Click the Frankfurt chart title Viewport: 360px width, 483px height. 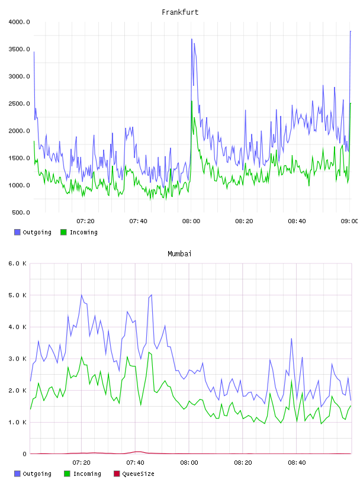coord(180,12)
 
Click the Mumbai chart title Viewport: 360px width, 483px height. coord(179,254)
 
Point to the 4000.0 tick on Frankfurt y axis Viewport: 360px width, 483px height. coord(20,22)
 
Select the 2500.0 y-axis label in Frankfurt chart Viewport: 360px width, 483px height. coord(20,104)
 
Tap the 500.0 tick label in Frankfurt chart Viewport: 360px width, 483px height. coord(21,212)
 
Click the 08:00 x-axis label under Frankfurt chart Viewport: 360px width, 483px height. coord(191,221)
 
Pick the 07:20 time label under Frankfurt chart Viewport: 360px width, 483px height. coord(85,221)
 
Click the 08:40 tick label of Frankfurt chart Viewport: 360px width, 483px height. coord(297,221)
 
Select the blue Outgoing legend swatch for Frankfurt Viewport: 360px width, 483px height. coord(17,232)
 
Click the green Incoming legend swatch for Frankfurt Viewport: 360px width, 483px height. coord(63,232)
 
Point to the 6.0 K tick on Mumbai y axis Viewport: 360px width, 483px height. coord(18,263)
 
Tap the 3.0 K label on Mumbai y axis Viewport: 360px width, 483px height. coord(18,359)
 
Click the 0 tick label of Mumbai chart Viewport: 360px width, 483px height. coord(24,454)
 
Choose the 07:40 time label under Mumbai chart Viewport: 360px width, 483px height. coord(135,463)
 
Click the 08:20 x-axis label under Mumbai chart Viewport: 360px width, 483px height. coord(243,463)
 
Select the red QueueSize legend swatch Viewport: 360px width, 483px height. coord(117,474)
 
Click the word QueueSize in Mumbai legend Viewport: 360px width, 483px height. coord(138,474)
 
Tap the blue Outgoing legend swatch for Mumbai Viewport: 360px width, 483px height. coord(17,474)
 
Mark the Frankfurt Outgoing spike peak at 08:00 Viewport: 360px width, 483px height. coord(191,39)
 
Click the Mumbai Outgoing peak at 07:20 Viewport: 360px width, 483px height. coord(82,295)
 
